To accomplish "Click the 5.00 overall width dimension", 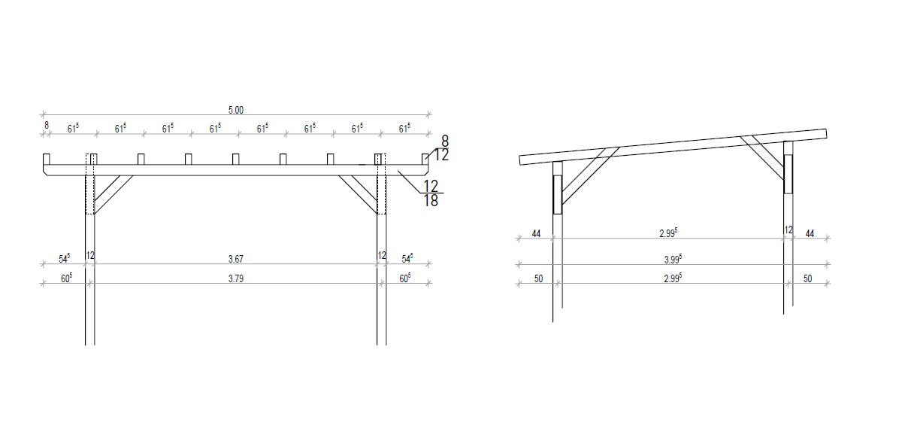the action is point(235,110).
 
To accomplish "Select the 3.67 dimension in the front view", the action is point(235,259).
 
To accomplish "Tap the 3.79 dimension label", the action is point(235,278).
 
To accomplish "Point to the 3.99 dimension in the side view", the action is point(673,259).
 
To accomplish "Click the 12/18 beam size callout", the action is point(431,193).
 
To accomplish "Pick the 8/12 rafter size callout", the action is point(442,148).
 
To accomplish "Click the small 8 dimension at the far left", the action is point(47,126).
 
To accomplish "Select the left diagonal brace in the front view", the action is point(114,194).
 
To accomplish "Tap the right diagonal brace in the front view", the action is point(358,194).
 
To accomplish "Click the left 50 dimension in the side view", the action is point(538,278).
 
